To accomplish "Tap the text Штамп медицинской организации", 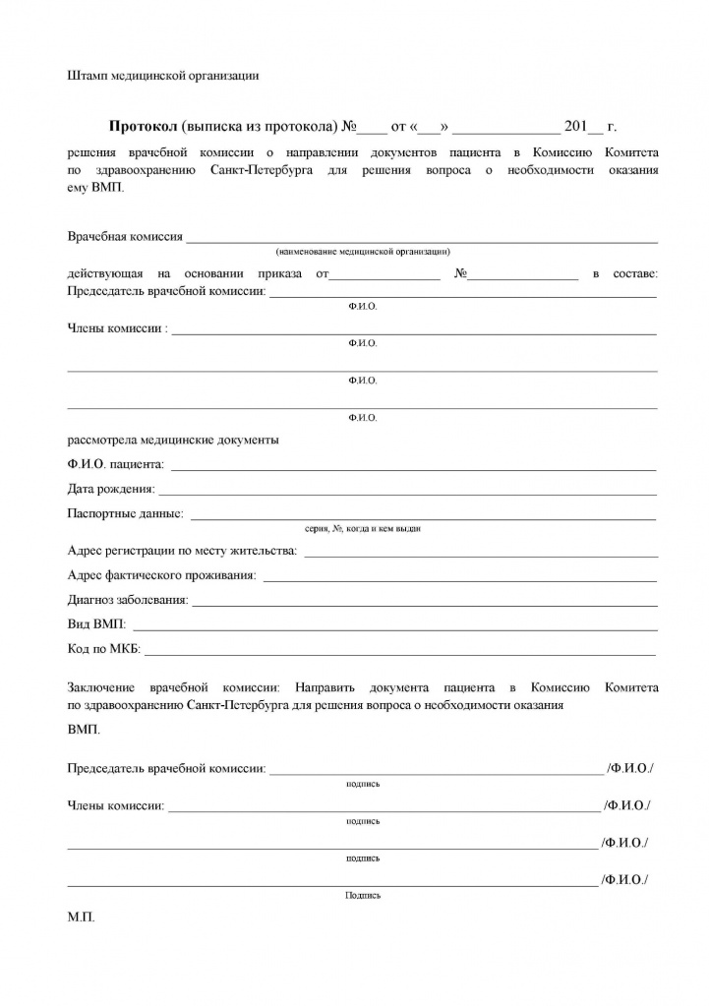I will click(x=162, y=75).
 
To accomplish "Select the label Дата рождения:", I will click(x=111, y=489).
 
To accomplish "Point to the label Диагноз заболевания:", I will click(x=128, y=599).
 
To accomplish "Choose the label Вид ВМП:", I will click(x=97, y=624).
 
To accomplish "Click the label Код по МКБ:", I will click(x=104, y=649).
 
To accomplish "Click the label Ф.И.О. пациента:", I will click(x=116, y=464).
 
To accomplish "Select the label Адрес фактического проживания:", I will click(x=162, y=574).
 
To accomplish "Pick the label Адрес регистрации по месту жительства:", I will click(x=182, y=550).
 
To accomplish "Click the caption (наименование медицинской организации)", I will click(x=363, y=252).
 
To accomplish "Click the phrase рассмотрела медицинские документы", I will click(x=173, y=440).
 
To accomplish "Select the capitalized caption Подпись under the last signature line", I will click(x=363, y=896).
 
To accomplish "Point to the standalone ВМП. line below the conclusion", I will click(x=84, y=731).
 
